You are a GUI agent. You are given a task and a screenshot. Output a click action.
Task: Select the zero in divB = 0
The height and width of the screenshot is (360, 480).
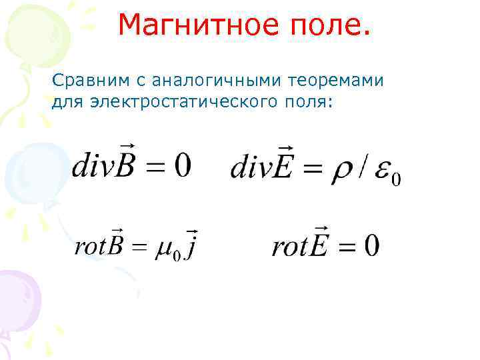point(182,165)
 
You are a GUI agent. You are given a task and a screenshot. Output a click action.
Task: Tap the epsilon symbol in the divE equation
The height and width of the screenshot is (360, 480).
point(382,171)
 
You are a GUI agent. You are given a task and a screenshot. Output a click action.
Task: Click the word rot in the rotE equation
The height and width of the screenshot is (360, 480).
point(289,247)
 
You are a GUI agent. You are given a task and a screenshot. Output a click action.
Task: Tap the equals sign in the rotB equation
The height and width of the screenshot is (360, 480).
point(137,247)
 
